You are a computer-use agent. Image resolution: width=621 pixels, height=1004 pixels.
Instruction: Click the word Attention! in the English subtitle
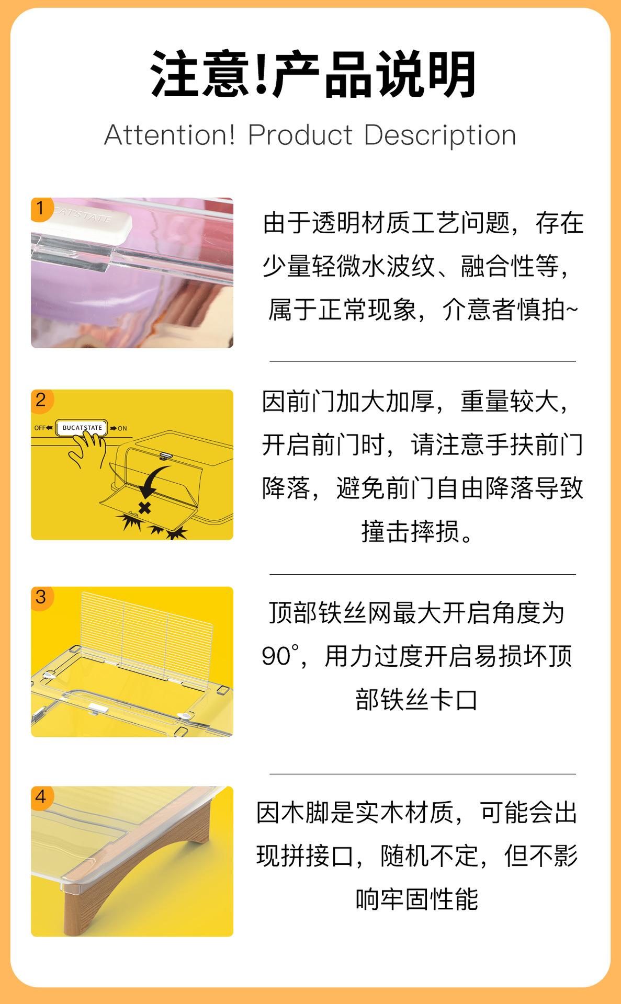point(170,135)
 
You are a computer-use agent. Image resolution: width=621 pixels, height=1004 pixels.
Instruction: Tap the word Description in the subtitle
point(440,136)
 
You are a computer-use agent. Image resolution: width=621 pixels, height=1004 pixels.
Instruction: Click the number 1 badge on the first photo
point(40,208)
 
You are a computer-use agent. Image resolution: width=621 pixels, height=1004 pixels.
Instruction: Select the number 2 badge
point(40,401)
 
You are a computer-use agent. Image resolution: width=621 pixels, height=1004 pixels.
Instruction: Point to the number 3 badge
point(40,597)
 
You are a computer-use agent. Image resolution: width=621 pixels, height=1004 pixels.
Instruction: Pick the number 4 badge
point(40,797)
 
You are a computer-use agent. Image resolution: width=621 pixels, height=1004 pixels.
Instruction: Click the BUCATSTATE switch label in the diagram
point(82,428)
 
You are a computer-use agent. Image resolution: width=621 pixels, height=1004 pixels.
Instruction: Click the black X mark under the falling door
point(144,507)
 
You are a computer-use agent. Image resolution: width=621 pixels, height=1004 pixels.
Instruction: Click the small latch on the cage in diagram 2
point(166,456)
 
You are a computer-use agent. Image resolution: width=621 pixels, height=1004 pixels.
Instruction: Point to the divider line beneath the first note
point(423,361)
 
